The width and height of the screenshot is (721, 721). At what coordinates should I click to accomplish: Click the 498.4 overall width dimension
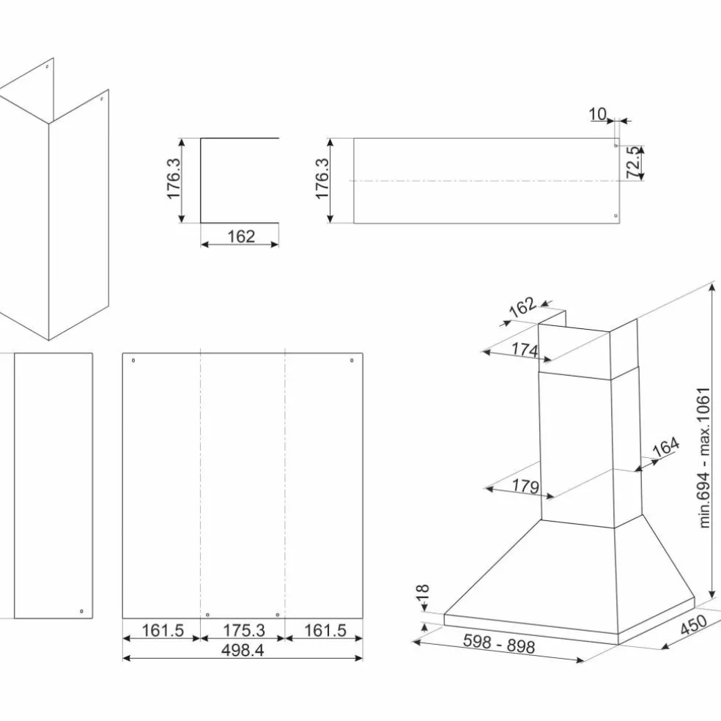coord(243,650)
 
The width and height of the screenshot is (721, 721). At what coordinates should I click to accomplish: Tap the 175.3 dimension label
coord(244,630)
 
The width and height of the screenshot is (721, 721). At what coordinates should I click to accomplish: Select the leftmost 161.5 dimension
coord(163,630)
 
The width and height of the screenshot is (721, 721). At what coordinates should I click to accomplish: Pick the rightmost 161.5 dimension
coord(325,630)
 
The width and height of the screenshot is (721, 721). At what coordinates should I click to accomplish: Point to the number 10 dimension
coord(598,114)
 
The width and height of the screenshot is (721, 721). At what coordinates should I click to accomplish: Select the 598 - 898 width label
coord(499,644)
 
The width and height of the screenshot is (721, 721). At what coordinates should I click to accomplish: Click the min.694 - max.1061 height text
coord(704,457)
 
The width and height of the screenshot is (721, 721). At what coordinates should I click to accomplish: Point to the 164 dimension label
coord(666,446)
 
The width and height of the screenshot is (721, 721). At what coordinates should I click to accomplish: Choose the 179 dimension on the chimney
coord(525,486)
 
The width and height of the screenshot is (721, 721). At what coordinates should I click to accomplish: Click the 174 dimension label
coord(525,350)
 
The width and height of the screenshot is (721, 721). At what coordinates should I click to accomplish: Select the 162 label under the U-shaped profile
coord(241,237)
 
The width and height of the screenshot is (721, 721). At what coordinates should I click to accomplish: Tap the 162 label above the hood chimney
coord(522,307)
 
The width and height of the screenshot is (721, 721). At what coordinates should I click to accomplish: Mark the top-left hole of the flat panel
coord(133,360)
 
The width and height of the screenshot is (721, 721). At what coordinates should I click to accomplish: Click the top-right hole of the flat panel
coord(352,360)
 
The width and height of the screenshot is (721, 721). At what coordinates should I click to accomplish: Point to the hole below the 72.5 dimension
coord(615,215)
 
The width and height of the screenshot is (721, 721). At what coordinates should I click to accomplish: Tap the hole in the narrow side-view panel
coord(81,611)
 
